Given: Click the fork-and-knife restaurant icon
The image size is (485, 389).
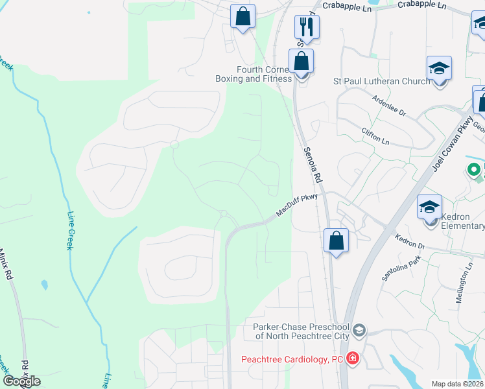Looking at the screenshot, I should (x=307, y=27).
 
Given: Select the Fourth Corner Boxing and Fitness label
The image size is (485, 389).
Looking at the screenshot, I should (x=254, y=74).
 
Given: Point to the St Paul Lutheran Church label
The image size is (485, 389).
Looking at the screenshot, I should (x=381, y=82).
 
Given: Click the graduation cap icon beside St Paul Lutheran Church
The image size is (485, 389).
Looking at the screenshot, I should (x=439, y=68).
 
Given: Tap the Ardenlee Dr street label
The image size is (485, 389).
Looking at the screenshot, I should (x=389, y=106).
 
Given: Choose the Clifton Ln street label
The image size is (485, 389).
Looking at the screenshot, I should (x=377, y=136).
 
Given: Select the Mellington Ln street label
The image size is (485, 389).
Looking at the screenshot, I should (x=466, y=279).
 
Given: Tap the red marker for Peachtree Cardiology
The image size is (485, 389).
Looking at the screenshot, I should (x=352, y=359).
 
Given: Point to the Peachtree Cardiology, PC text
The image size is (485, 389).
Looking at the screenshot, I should (x=292, y=359).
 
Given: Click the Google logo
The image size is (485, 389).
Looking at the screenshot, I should (x=21, y=381).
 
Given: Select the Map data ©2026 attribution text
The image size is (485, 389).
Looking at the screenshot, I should (x=457, y=384).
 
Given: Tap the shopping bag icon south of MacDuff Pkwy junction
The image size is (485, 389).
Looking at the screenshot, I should (x=336, y=241).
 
